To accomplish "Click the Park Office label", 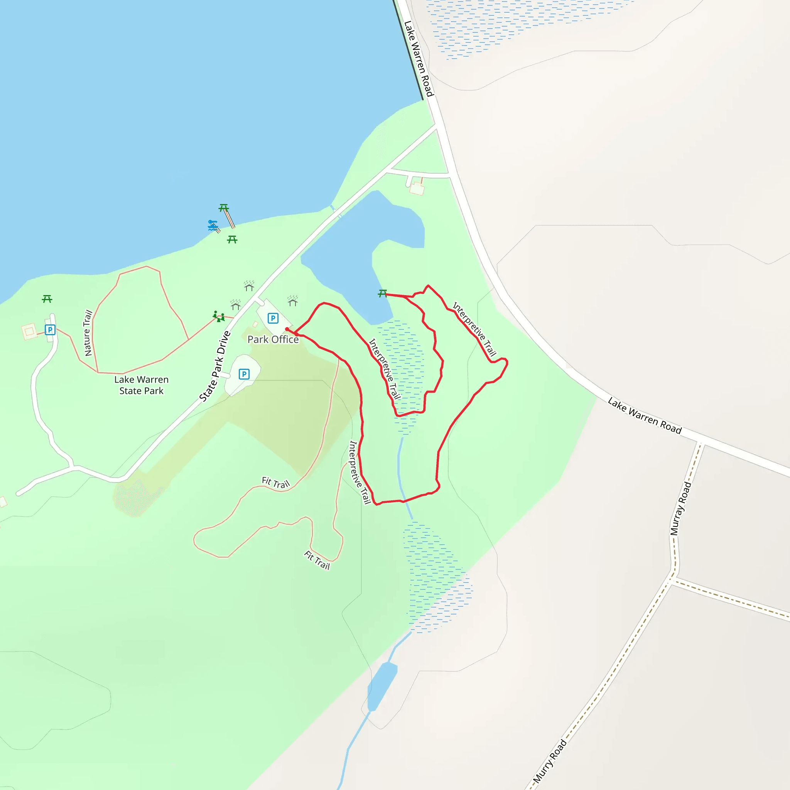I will pyautogui.click(x=273, y=339).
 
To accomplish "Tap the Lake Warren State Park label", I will pyautogui.click(x=141, y=385).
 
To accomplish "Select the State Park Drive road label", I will pyautogui.click(x=215, y=366).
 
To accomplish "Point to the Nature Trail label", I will pyautogui.click(x=88, y=333).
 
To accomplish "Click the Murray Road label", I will pyautogui.click(x=680, y=508).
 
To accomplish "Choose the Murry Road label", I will pyautogui.click(x=550, y=761).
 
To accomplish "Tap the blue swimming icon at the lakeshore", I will pyautogui.click(x=213, y=225).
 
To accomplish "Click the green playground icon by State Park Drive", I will pyautogui.click(x=219, y=316).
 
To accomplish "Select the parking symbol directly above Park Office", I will pyautogui.click(x=273, y=318).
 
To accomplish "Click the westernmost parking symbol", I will pyautogui.click(x=50, y=329).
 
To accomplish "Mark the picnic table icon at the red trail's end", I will pyautogui.click(x=382, y=293).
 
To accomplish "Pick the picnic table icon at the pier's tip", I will pyautogui.click(x=223, y=208).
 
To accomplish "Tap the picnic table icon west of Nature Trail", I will pyautogui.click(x=47, y=299).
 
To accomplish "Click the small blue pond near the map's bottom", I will pyautogui.click(x=382, y=687).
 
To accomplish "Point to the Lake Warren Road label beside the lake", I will pyautogui.click(x=419, y=59).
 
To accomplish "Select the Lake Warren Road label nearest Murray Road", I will pyautogui.click(x=645, y=415).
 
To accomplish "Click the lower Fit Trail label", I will pyautogui.click(x=317, y=560).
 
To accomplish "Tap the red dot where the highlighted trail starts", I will pyautogui.click(x=287, y=329).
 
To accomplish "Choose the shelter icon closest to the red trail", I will pyautogui.click(x=292, y=301).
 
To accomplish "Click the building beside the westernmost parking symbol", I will pyautogui.click(x=29, y=331).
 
